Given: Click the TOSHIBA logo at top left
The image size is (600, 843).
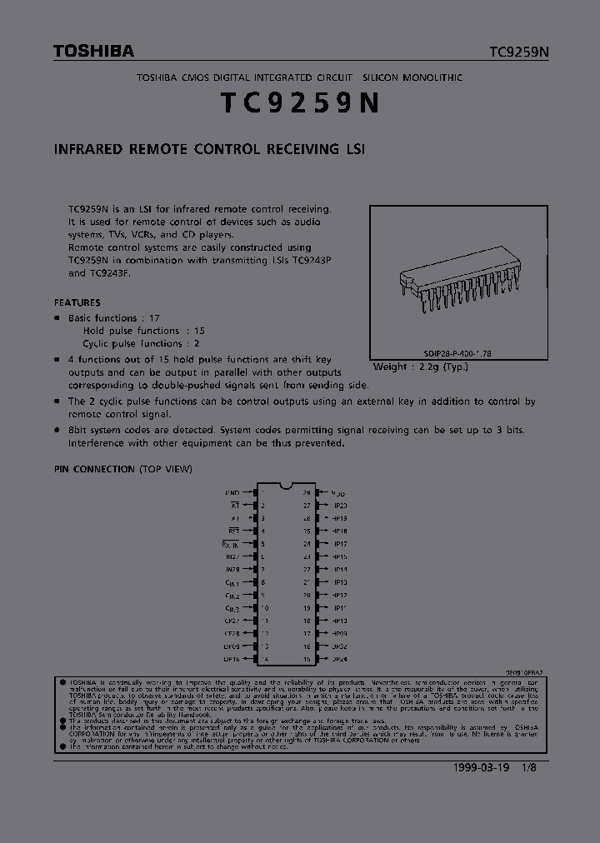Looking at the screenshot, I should pos(93,52).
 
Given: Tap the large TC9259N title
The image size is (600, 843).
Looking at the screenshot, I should pos(300,102).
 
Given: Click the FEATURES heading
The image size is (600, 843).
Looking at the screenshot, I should pos(77,302).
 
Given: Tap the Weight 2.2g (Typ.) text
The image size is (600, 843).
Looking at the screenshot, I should pos(421,367).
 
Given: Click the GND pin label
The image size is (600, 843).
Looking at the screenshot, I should pos(232,493).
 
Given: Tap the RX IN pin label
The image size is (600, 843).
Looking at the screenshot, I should pos(229,544).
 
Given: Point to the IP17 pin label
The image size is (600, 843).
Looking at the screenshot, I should pos(340,544).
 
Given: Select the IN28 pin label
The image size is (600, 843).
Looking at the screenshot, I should pos(232,570).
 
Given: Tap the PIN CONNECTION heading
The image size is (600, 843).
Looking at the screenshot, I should pos(122,469).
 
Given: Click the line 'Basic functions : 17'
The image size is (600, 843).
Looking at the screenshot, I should pos(113,318).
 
